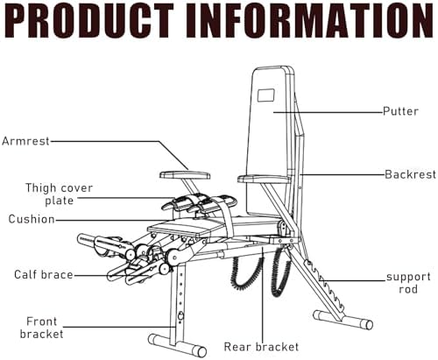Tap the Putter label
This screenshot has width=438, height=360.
pos(400,111)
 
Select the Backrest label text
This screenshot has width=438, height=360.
pos(410,174)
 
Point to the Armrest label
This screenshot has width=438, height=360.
pos(25,141)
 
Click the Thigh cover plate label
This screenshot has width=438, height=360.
pos(59,194)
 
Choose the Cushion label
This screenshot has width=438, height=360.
pos(32,219)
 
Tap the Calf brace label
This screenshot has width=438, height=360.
pos(44,275)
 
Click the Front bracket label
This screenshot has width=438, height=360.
pos(41,328)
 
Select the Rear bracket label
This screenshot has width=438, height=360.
pos(261,347)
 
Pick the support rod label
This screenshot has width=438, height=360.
pos(408,283)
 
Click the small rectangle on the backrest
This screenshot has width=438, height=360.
pos(266,95)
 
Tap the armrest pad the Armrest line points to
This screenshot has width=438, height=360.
pos(185,175)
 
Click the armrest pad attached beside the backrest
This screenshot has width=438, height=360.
pos(264,179)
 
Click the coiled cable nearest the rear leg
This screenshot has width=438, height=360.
pos(280,272)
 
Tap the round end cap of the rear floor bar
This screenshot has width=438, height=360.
pos(368,325)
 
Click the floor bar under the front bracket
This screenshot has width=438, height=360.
pos(177,343)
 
